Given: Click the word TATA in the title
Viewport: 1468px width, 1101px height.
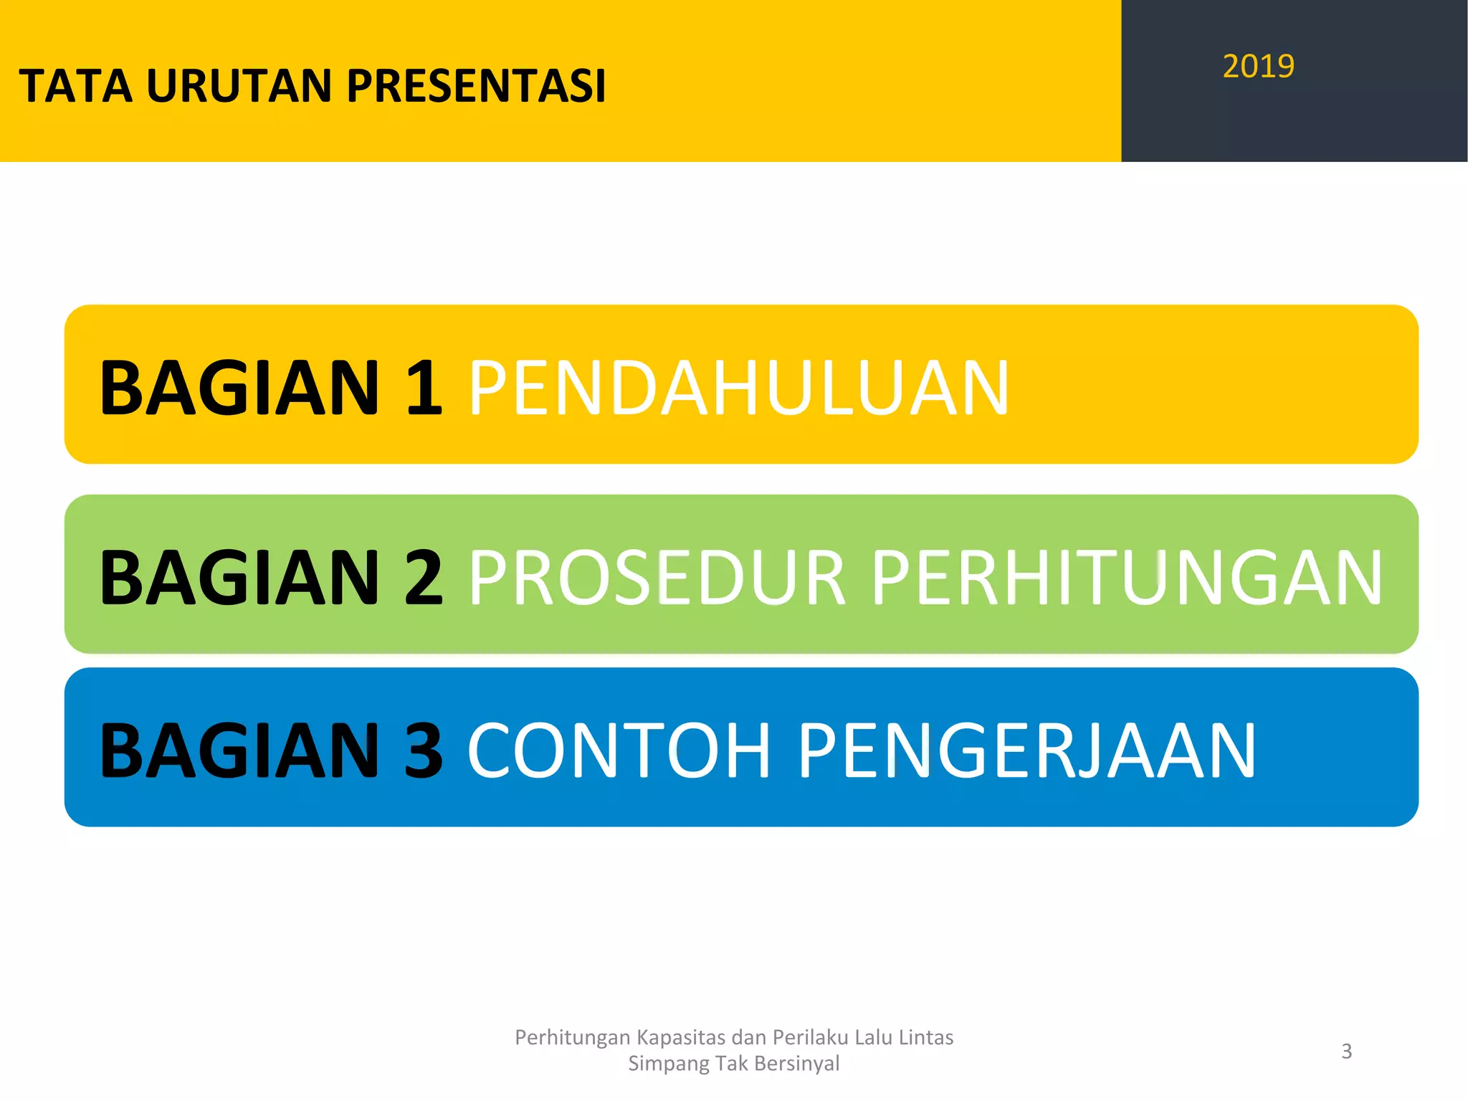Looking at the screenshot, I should pos(75,87).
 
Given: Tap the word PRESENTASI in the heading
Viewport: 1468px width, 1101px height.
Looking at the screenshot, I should pos(477,87).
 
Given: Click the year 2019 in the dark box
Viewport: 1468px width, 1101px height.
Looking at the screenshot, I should pos(1258,67).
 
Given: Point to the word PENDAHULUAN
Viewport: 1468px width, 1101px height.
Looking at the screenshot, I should pos(738,388).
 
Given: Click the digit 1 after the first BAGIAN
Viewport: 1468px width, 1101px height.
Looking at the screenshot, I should pos(424,388).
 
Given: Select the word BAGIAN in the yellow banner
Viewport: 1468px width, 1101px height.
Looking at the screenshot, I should pos(239,388).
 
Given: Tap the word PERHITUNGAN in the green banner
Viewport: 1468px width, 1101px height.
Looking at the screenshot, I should pos(1127,578).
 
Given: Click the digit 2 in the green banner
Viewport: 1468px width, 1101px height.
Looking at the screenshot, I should pos(424,578).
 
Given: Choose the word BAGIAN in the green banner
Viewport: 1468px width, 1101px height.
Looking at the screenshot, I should pos(239,578).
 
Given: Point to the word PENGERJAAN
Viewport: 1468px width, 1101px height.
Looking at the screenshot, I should pos(1027,750).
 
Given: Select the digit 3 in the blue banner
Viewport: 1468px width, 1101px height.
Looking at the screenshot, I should pos(424,750).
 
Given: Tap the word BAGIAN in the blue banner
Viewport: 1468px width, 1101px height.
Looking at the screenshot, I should pos(239,750).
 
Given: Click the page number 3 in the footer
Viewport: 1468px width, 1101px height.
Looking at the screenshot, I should pos(1346,1051).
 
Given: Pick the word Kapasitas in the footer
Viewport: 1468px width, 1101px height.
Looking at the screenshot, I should pos(681,1038).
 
